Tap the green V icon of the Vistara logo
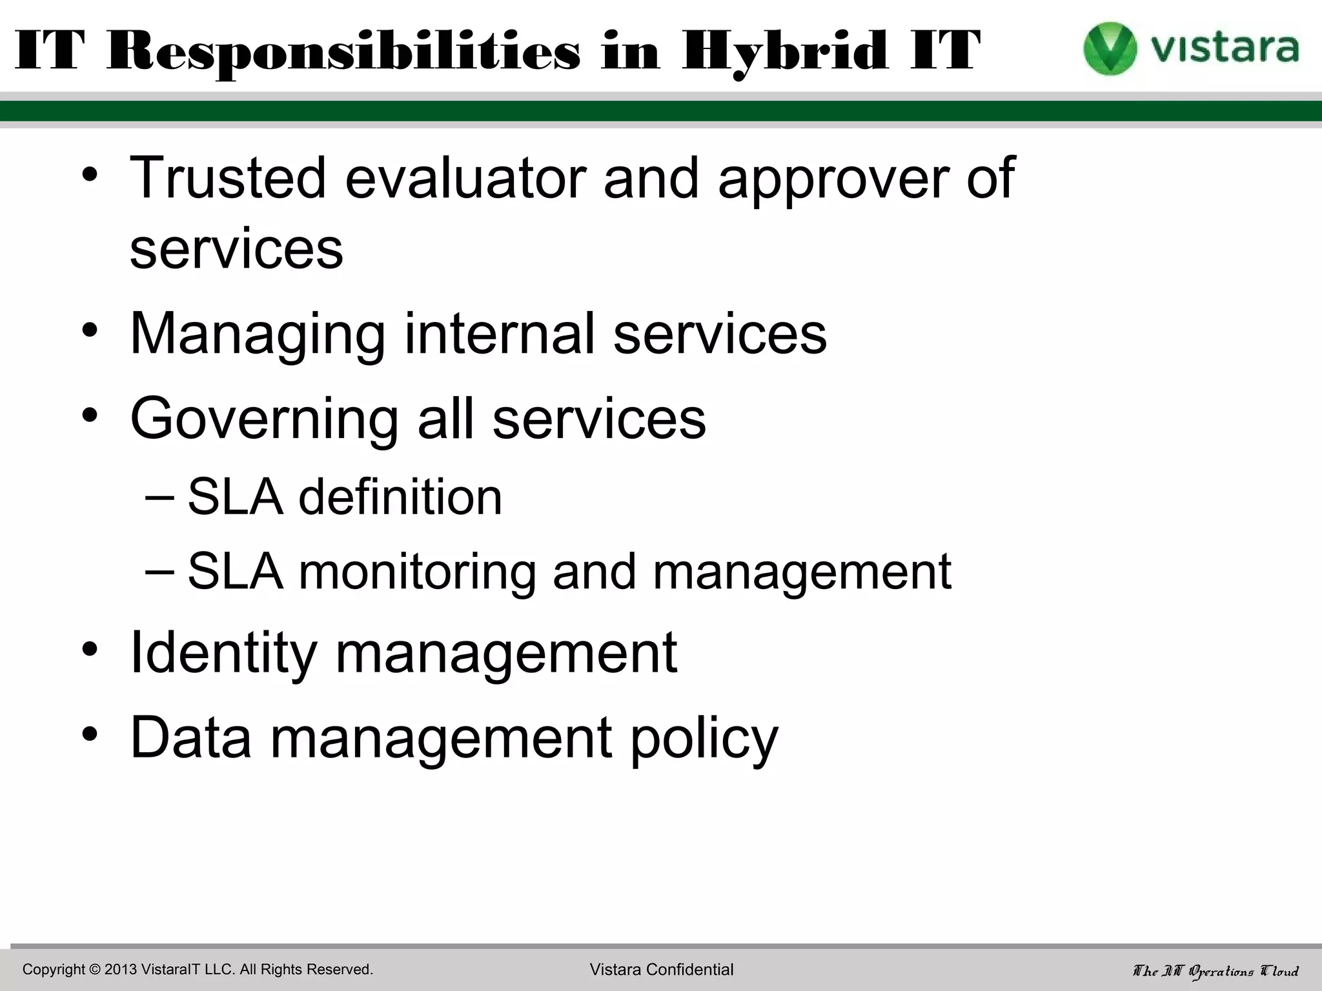tap(1109, 48)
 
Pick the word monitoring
tap(416, 573)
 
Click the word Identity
tap(223, 653)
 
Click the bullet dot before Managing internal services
tap(90, 330)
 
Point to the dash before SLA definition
tap(159, 497)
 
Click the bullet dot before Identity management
tap(90, 649)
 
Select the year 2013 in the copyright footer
tap(121, 970)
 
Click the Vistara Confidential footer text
tap(661, 970)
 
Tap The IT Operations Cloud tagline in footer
tap(1215, 970)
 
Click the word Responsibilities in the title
tap(343, 52)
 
